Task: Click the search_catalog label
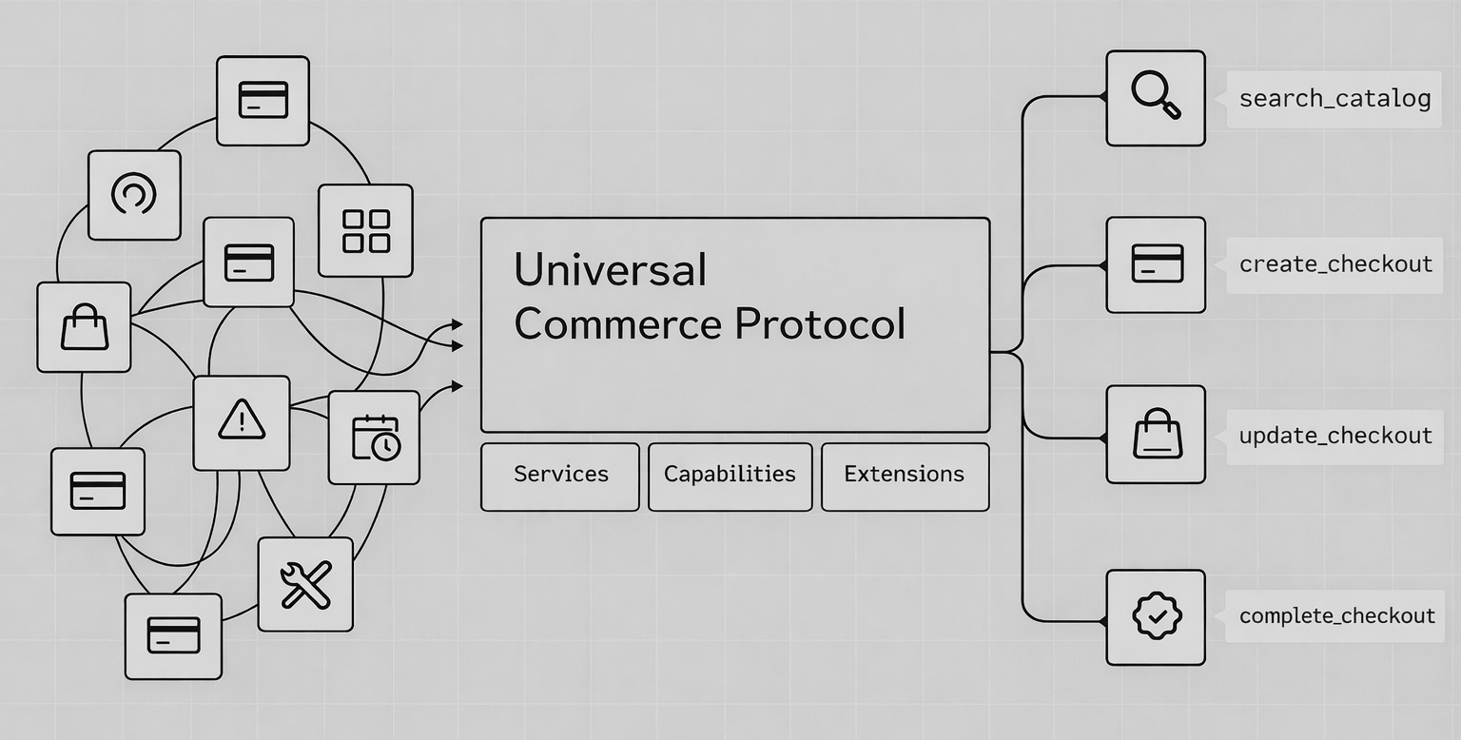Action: [1334, 98]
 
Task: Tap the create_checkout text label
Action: [1335, 263]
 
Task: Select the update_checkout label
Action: [1335, 436]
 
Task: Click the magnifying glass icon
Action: [1156, 97]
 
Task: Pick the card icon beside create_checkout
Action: [1157, 263]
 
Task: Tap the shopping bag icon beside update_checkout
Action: [1156, 434]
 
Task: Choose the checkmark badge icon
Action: [1156, 616]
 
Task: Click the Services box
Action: [560, 475]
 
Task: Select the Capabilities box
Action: [730, 475]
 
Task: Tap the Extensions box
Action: [904, 475]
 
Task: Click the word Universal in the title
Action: [610, 270]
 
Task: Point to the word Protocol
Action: [820, 324]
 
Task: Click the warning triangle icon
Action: [242, 421]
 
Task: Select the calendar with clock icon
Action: [375, 438]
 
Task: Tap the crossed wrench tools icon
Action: [305, 584]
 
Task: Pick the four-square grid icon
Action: [366, 230]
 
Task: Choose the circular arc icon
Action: [134, 194]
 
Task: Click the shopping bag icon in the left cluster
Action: [85, 327]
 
